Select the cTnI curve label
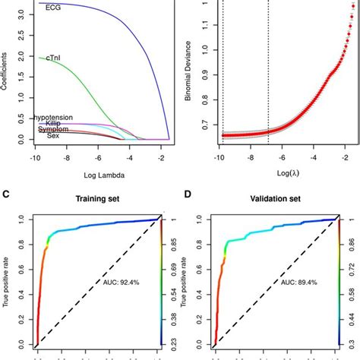click(x=55, y=58)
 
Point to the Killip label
click(x=53, y=123)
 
